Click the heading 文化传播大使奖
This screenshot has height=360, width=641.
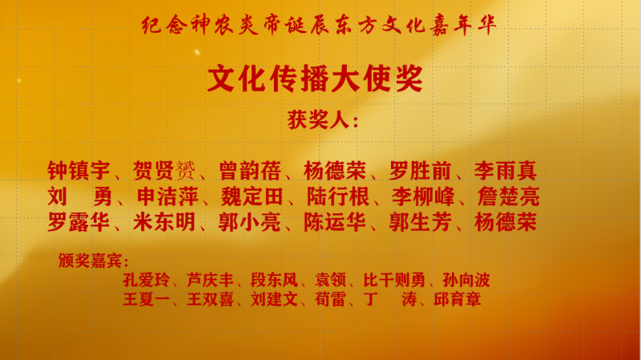315,79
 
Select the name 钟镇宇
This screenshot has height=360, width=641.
79,171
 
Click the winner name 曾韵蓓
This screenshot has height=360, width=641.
250,171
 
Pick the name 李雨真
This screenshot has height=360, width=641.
506,171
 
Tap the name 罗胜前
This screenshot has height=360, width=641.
420,171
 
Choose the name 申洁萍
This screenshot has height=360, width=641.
167,196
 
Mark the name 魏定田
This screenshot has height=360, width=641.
252,196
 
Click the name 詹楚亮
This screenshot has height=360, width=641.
509,196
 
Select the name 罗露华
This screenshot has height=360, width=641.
79,223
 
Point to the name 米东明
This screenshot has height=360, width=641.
164,223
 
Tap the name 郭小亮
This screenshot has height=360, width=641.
249,223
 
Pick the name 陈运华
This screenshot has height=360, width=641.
335,223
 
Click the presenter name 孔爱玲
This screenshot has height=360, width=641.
147,281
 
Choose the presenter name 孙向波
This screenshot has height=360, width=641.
466,281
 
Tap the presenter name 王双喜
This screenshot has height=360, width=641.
210,299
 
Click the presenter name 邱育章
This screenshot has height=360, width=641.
457,299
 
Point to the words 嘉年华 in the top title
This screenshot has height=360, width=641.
464,25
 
